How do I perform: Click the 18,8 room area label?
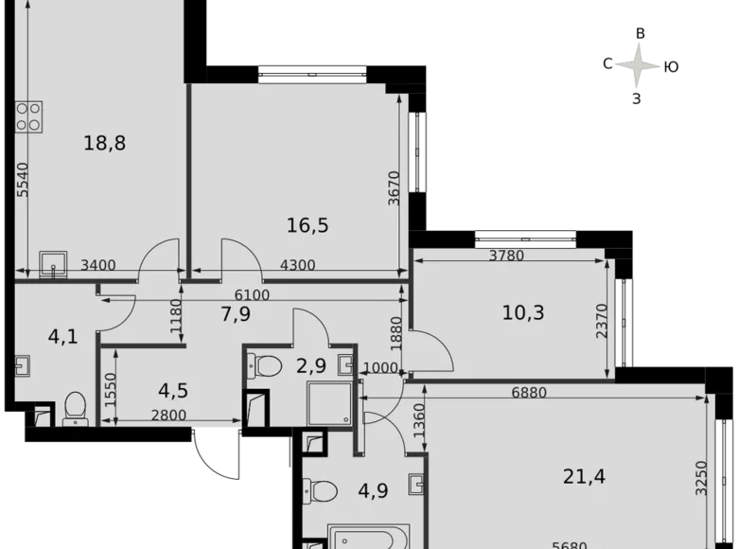coord(105,144)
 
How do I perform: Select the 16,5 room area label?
coord(307,225)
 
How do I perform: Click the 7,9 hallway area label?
coord(234,312)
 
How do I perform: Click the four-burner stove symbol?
coord(28,116)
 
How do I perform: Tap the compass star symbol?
coord(636,65)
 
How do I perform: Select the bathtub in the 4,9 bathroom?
coord(369,536)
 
